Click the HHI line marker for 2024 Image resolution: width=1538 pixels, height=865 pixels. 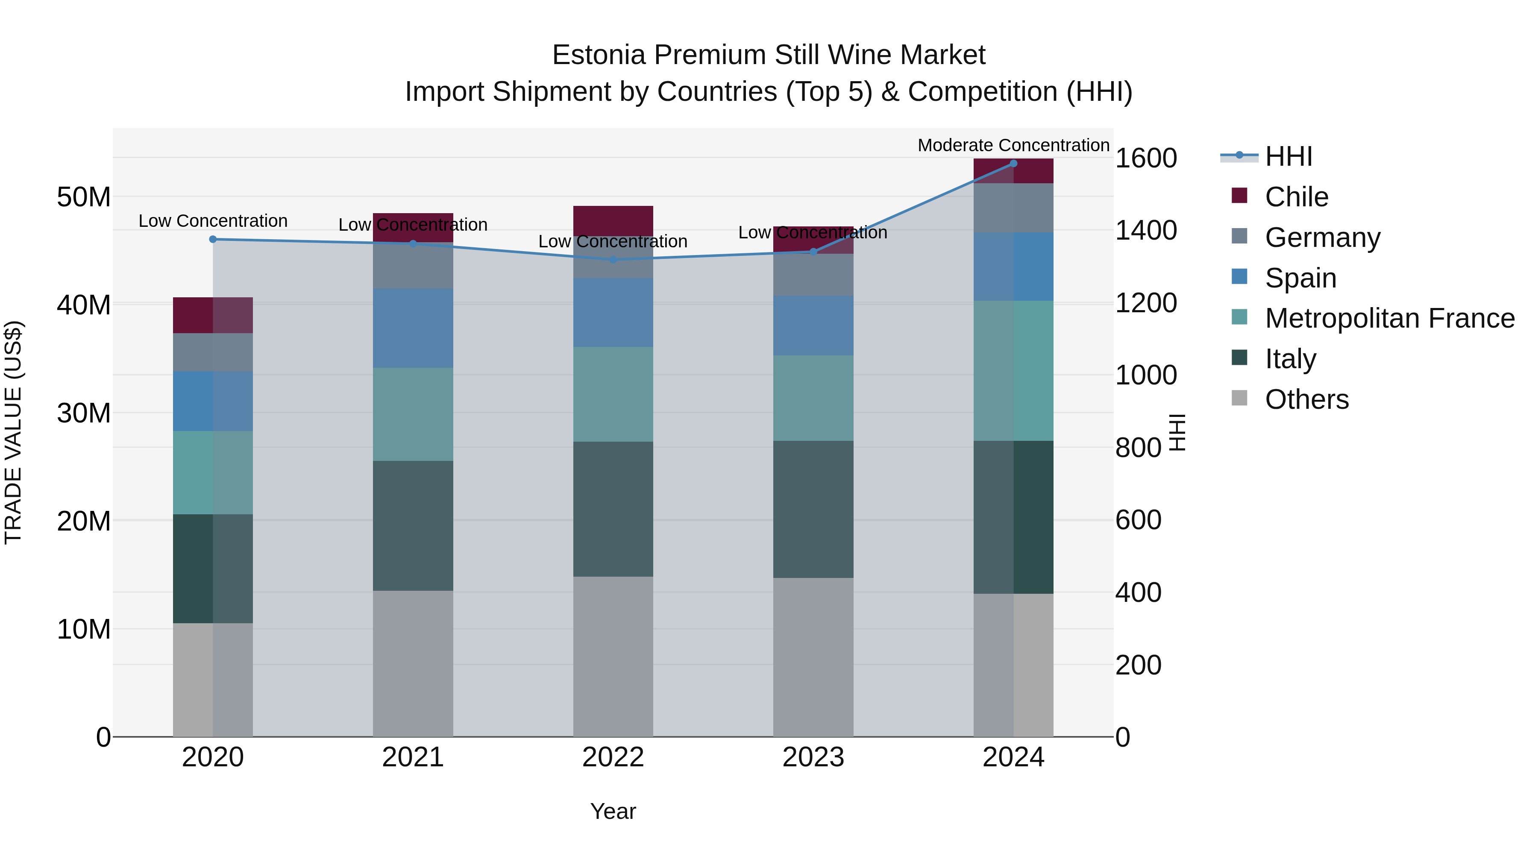pyautogui.click(x=1013, y=164)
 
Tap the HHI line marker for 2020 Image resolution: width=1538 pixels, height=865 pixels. pyautogui.click(x=213, y=239)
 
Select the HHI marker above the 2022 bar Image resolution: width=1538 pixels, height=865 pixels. pyautogui.click(x=613, y=260)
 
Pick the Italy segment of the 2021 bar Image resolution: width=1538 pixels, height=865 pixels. pyautogui.click(x=413, y=525)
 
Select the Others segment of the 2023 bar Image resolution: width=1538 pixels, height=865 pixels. pyautogui.click(x=813, y=657)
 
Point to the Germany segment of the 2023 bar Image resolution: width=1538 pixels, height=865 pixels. pyautogui.click(x=813, y=275)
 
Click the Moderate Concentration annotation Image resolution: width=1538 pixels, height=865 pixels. pyautogui.click(x=1013, y=145)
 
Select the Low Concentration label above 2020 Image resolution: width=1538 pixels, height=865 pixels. pyautogui.click(x=213, y=221)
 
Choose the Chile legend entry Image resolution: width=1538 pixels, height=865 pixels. pyautogui.click(x=1296, y=197)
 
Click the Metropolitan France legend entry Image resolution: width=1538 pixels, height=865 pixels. pyautogui.click(x=1389, y=318)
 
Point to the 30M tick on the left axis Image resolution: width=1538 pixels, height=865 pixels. pyautogui.click(x=84, y=413)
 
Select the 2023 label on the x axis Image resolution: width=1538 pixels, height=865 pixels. pyautogui.click(x=813, y=757)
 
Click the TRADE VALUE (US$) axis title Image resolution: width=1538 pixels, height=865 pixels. pyautogui.click(x=13, y=432)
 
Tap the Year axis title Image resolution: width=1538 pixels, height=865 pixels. pyautogui.click(x=613, y=811)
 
